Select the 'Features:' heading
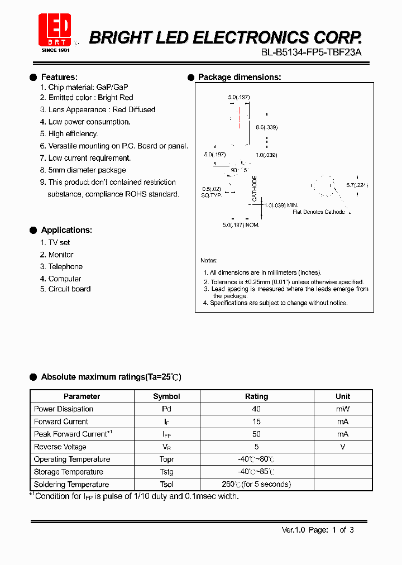pos(59,77)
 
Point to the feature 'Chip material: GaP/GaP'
pos(88,88)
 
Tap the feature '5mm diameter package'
pos(87,170)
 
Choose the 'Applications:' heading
pos(66,230)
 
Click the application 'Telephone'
pos(65,267)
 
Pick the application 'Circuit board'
pos(69,289)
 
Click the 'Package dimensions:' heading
pos(240,77)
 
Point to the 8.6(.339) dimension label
pos(266,128)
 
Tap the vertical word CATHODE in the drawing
pos(255,189)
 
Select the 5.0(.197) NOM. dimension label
pos(241,225)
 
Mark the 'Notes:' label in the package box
pos(209,261)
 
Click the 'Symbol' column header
pos(166,396)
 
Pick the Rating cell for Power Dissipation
pos(256,409)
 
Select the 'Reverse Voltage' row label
pos(60,447)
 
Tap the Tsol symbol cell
pos(166,485)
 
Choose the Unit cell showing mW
pos(343,409)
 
